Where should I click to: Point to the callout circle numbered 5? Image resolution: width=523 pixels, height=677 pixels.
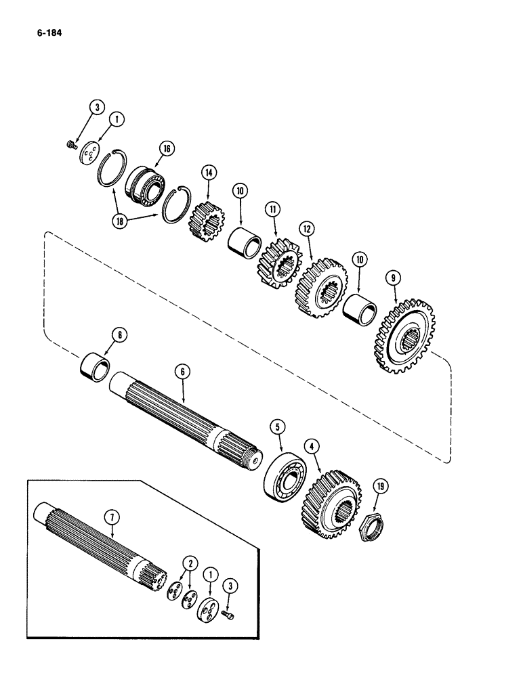[x=277, y=427]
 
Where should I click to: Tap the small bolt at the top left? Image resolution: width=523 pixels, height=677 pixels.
[x=70, y=143]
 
